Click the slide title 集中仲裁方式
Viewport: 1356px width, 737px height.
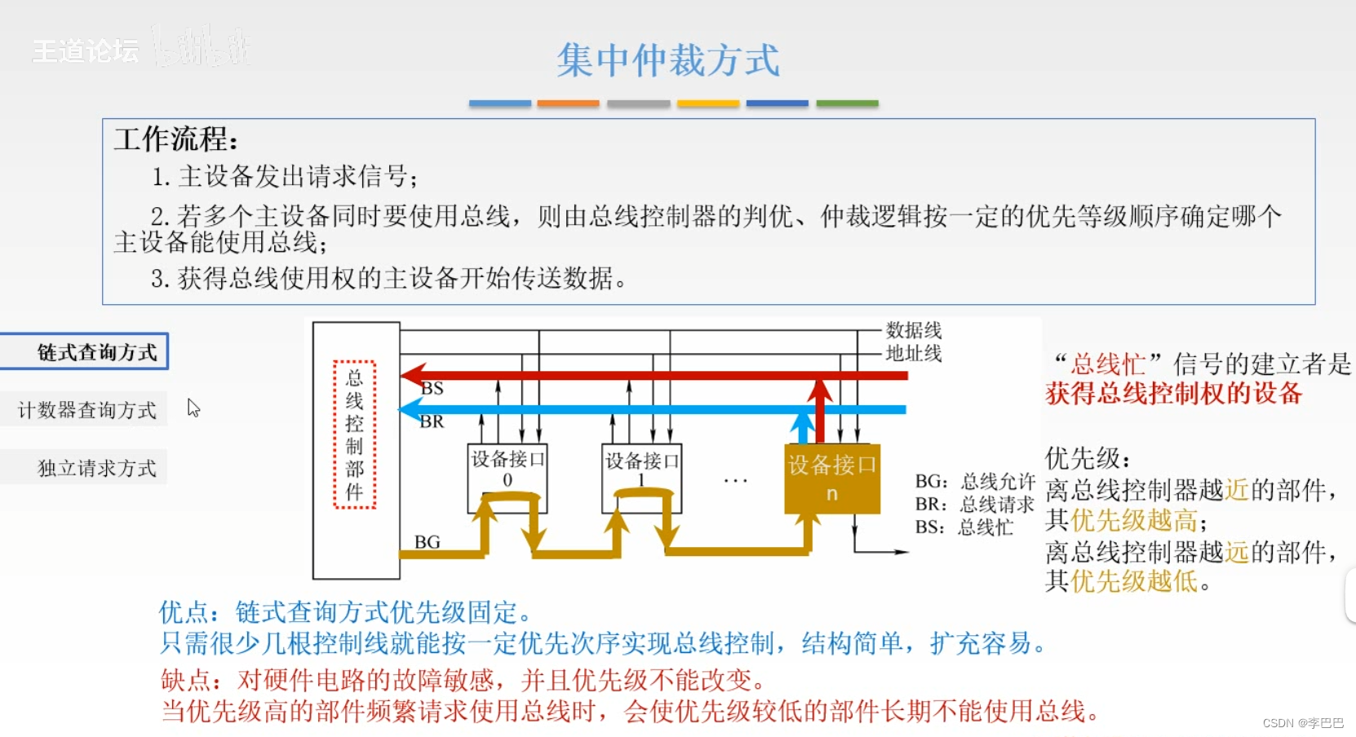click(667, 60)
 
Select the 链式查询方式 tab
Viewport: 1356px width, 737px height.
click(86, 352)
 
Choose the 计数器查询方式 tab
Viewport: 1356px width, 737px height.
click(86, 410)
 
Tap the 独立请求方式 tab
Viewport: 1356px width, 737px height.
click(95, 468)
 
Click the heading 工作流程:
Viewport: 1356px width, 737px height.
click(175, 139)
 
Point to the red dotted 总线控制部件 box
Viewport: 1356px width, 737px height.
click(354, 435)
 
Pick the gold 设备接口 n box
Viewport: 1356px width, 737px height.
click(831, 478)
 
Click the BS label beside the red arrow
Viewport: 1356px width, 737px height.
click(432, 389)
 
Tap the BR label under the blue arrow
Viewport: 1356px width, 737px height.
click(432, 422)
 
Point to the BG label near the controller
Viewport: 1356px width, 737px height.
click(427, 542)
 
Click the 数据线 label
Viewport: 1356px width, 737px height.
click(914, 330)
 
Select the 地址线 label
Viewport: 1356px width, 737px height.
click(914, 353)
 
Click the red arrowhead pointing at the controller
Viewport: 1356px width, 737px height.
click(411, 376)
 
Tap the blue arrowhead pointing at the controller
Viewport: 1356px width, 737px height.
click(410, 409)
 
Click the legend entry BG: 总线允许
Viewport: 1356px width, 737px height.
click(975, 482)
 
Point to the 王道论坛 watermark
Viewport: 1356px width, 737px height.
click(86, 51)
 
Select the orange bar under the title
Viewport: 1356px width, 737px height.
click(568, 104)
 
